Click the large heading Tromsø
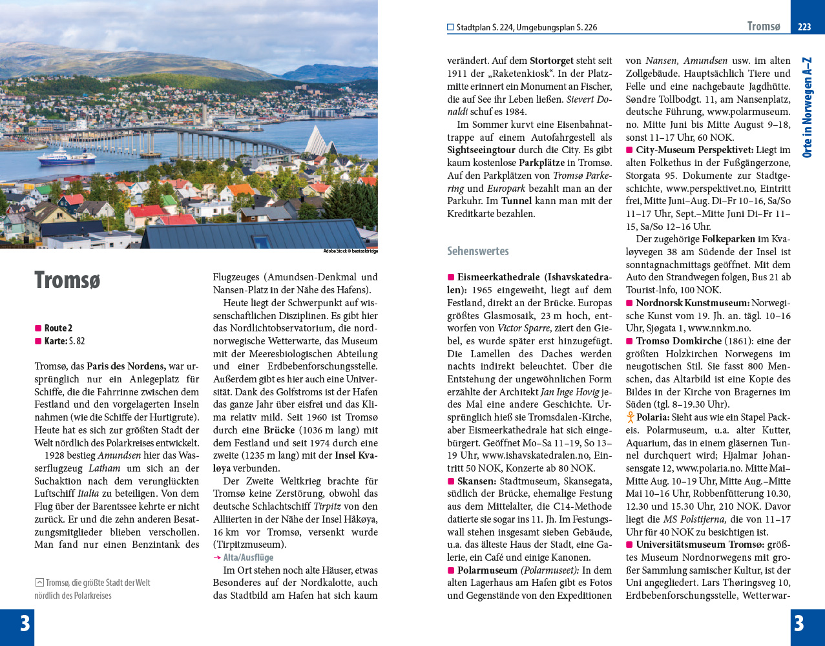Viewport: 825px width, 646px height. point(67,280)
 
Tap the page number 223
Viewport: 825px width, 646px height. point(804,27)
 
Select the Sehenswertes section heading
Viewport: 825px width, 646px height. point(478,251)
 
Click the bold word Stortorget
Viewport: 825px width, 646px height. point(552,61)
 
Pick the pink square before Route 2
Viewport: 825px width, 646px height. point(38,328)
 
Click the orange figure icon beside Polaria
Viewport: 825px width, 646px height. point(630,417)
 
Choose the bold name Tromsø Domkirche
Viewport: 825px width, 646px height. point(678,341)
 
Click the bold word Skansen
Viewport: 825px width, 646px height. point(477,481)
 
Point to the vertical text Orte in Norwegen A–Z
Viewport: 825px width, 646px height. point(807,107)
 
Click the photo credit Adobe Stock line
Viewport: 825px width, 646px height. point(350,251)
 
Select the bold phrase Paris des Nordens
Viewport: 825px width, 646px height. point(126,366)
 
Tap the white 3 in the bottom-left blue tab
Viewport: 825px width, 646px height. point(25,623)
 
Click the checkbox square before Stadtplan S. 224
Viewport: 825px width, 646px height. point(450,28)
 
